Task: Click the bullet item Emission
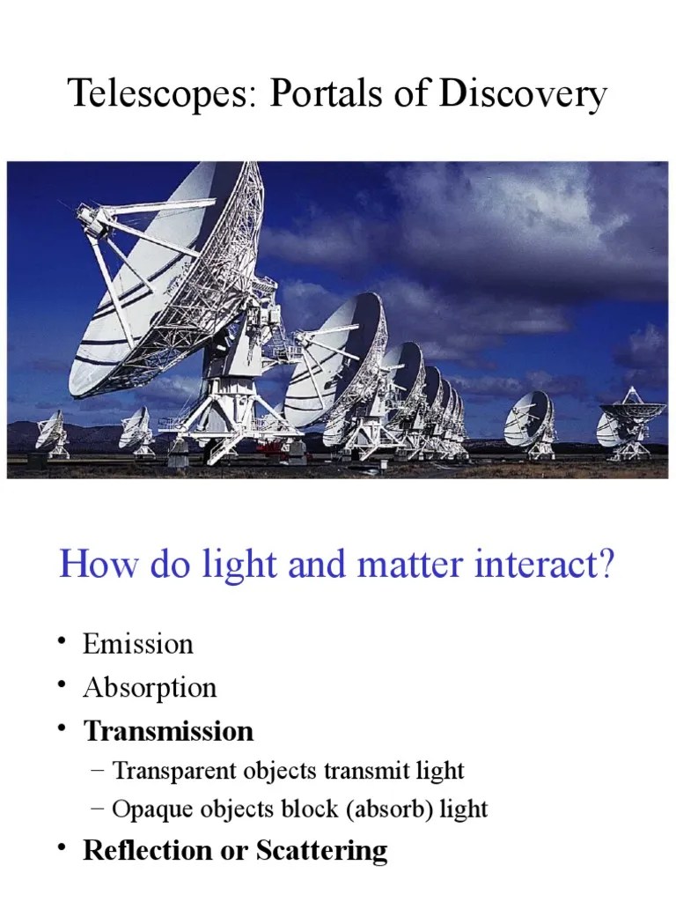(137, 644)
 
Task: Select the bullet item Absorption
(150, 687)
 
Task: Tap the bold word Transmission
(168, 731)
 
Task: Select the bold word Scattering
(322, 851)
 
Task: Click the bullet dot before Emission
(62, 642)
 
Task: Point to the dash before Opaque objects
(97, 809)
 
